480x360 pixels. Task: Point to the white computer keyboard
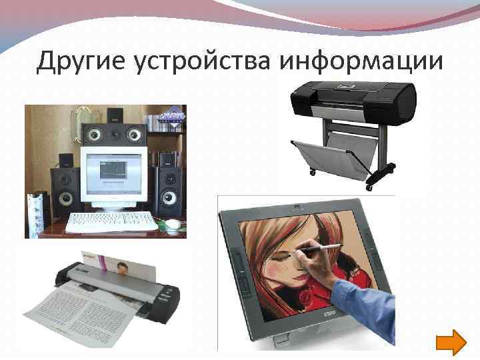pos(111,222)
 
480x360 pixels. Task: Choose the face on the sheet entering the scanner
pos(124,268)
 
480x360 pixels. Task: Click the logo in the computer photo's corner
pos(171,115)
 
